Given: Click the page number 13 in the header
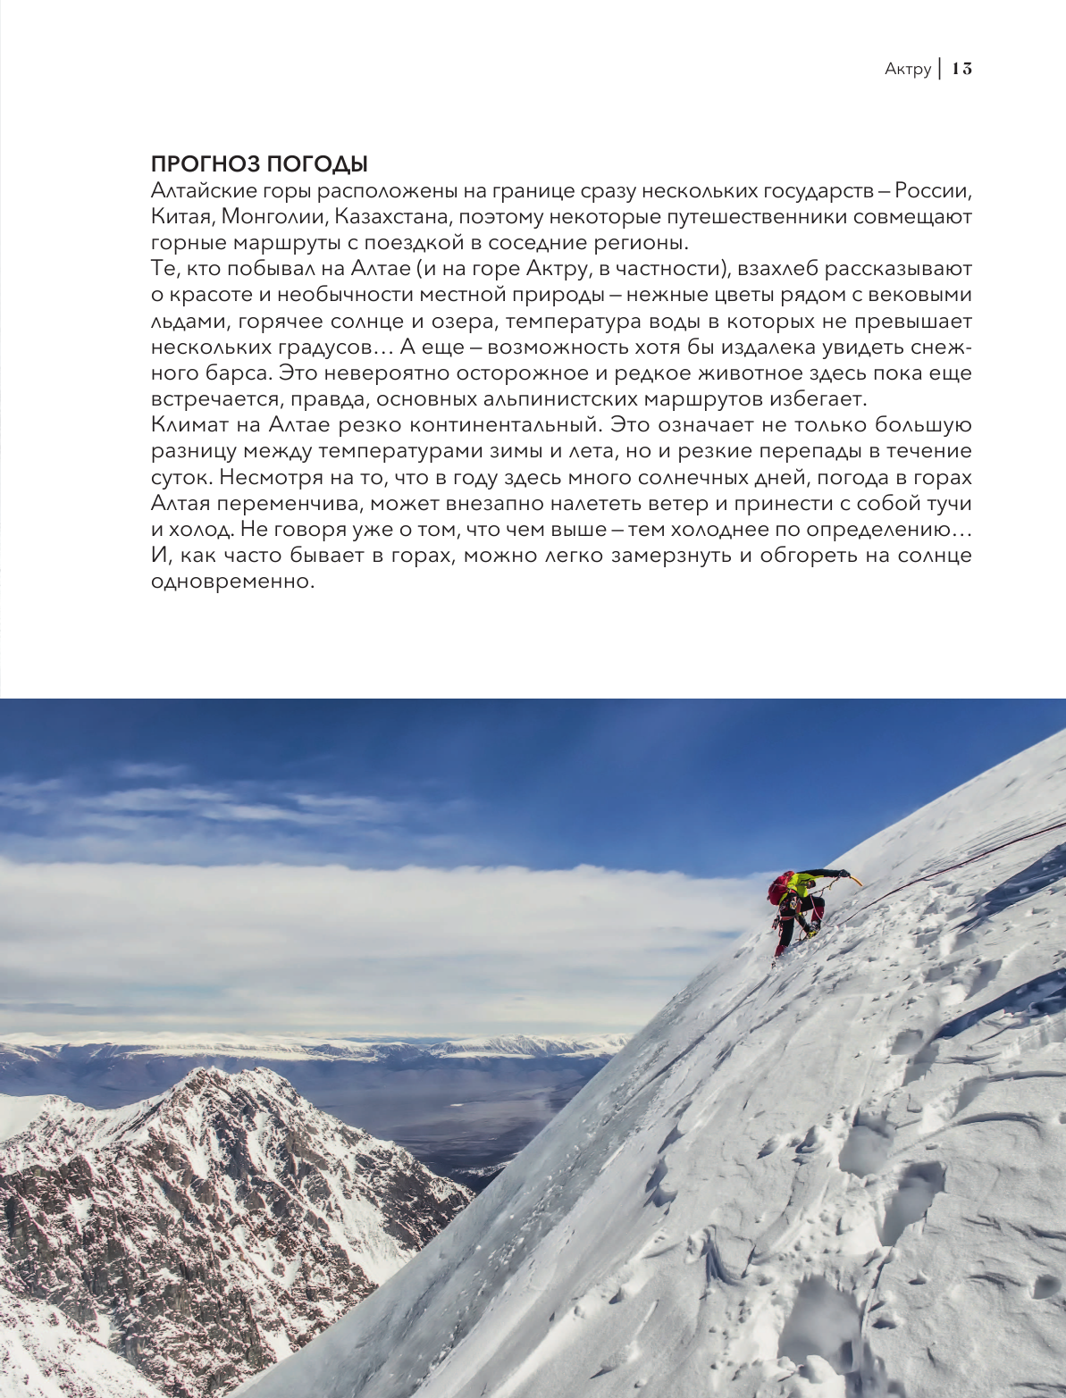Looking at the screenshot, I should click(961, 69).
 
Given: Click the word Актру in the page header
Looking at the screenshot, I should click(908, 69).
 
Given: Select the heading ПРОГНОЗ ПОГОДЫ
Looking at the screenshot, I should click(259, 164).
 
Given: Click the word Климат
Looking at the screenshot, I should click(186, 425).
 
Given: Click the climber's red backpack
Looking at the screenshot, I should click(780, 889).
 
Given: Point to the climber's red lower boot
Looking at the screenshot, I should click(780, 950).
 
